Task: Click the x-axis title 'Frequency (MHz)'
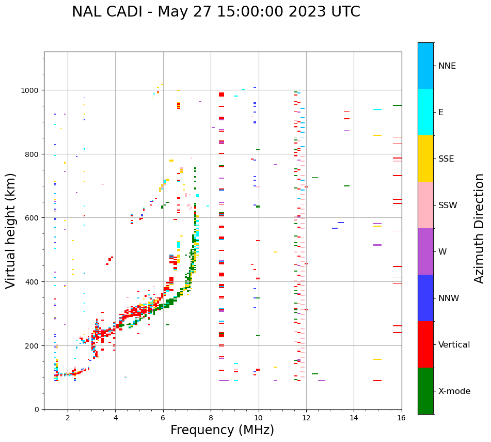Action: [x=222, y=430]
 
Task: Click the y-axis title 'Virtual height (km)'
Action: [x=11, y=230]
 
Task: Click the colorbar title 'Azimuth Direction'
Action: [x=480, y=228]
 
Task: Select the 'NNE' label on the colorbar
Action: [x=447, y=66]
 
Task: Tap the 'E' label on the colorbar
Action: [x=441, y=113]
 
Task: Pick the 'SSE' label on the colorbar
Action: [x=446, y=159]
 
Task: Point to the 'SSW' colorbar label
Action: [x=448, y=206]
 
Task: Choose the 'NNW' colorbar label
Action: [x=449, y=298]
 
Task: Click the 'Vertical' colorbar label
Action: [x=454, y=345]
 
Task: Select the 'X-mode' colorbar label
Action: [x=454, y=391]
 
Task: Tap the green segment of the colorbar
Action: [x=425, y=391]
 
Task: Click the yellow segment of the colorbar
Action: [x=425, y=159]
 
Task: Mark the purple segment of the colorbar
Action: [x=425, y=251]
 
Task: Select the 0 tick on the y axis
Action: [x=36, y=409]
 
